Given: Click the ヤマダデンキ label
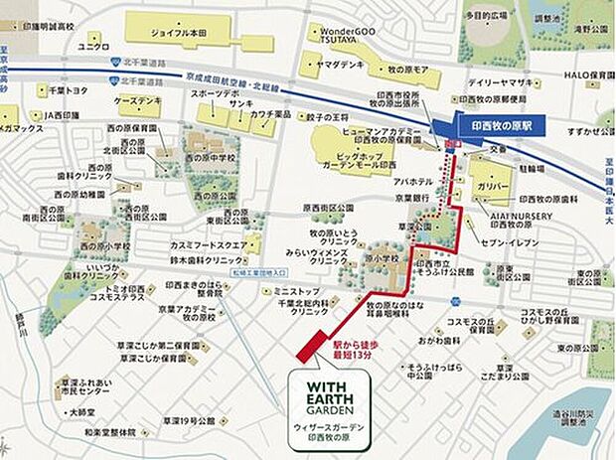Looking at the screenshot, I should point(338,63).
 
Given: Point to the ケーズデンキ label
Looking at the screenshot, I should point(138,103).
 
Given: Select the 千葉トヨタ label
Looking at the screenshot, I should point(71,89).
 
